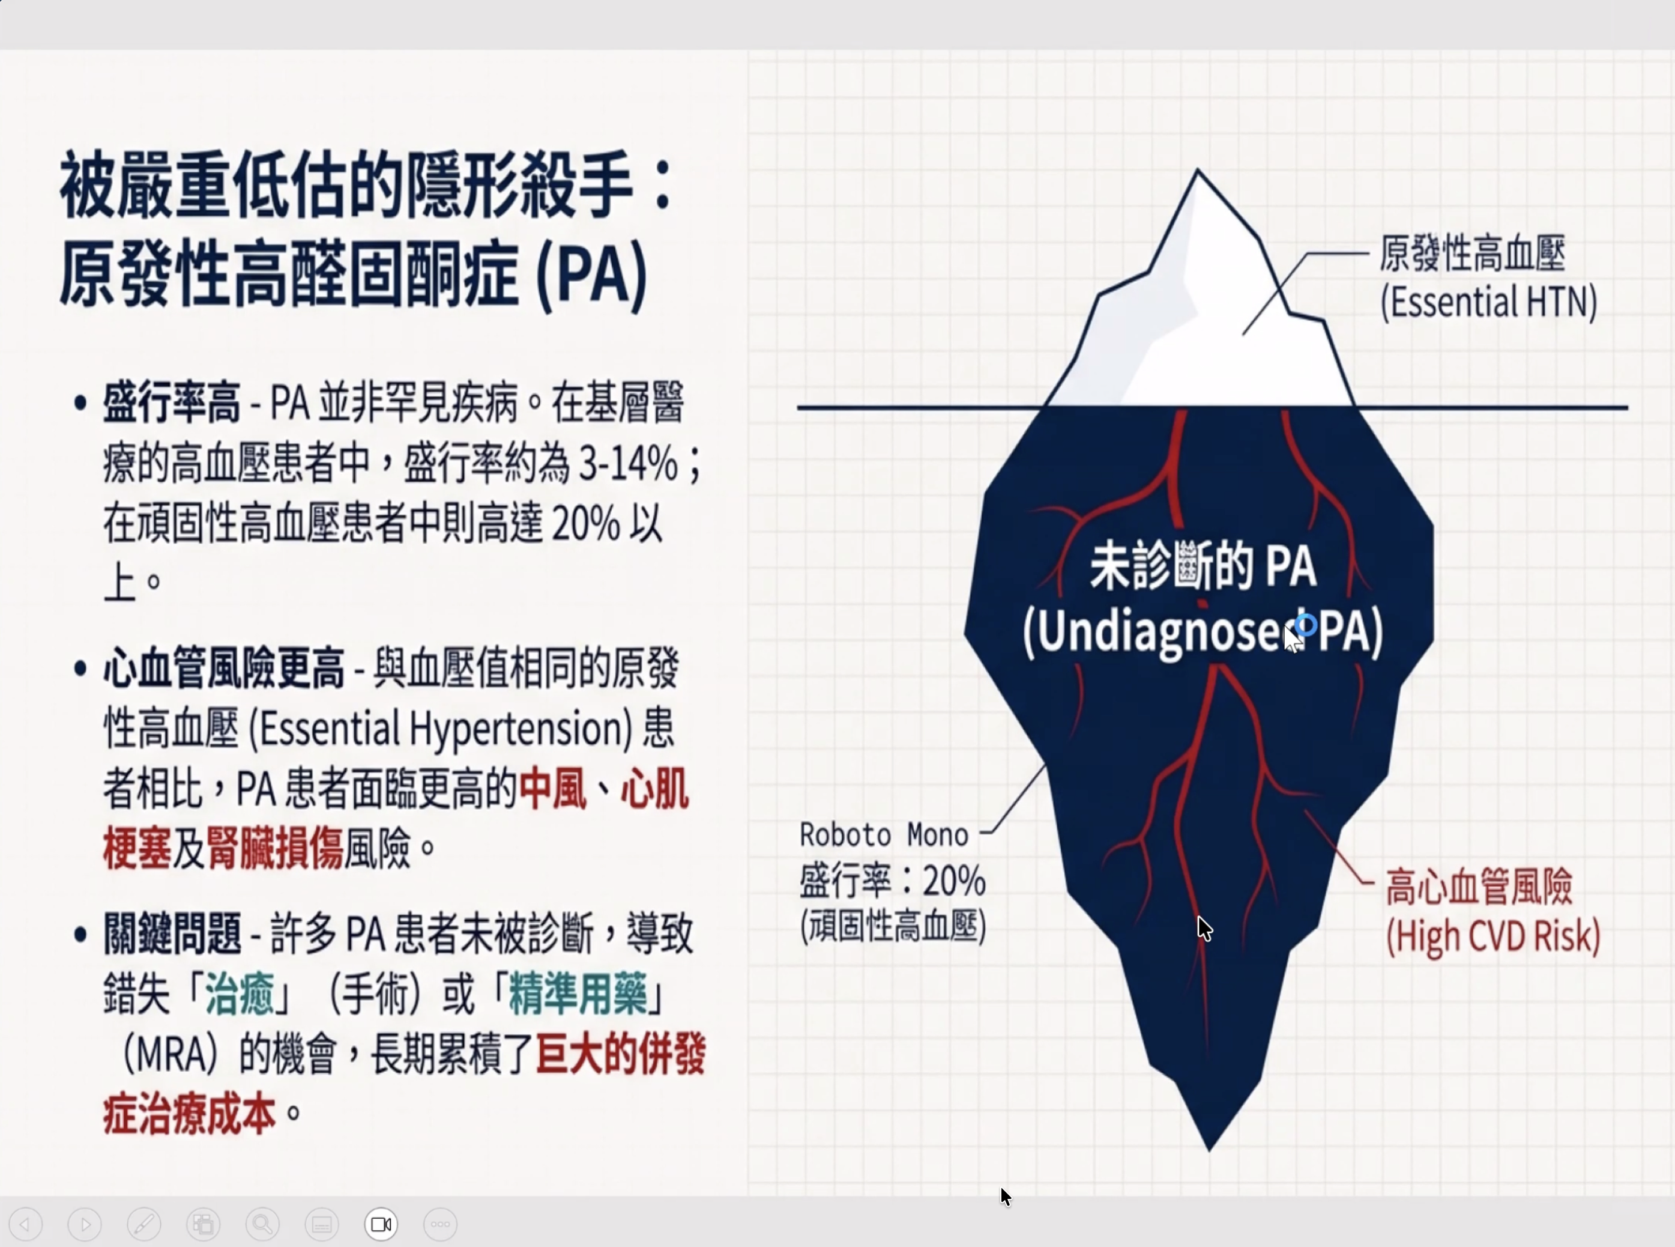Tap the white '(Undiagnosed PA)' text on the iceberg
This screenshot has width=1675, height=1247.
(1203, 631)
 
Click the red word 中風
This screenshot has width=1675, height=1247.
(552, 789)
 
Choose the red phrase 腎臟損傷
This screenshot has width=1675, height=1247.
(274, 848)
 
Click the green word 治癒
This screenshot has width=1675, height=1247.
(239, 994)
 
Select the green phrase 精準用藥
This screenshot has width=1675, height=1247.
(577, 994)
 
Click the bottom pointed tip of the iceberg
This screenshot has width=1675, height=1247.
(1209, 1150)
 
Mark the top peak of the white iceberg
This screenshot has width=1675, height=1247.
(1197, 171)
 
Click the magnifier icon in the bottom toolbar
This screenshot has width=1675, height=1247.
(262, 1224)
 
